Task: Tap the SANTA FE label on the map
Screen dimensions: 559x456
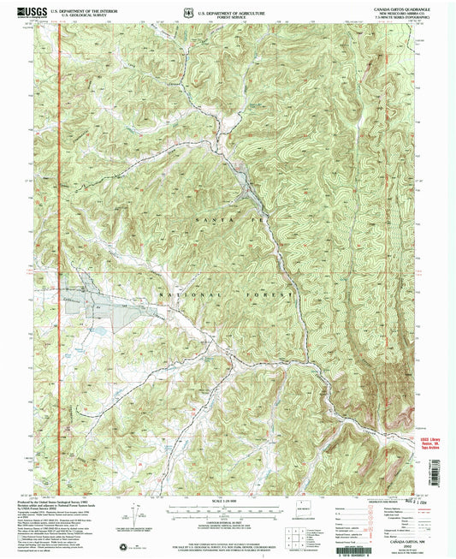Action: click(225, 221)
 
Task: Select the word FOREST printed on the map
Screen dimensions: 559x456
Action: click(271, 294)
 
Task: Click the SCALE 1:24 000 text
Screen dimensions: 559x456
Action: click(227, 501)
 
